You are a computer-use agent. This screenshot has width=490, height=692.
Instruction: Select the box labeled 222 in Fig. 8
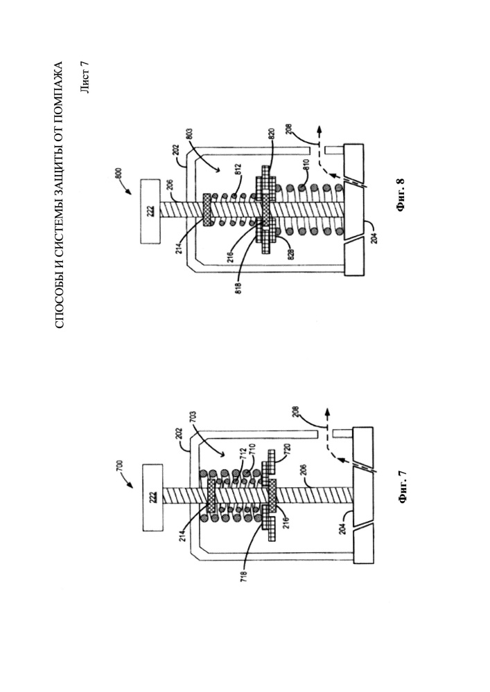[150, 211]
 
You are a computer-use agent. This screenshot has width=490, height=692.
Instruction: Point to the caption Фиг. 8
[401, 194]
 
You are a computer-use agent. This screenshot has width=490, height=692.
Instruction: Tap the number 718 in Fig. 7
[243, 576]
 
